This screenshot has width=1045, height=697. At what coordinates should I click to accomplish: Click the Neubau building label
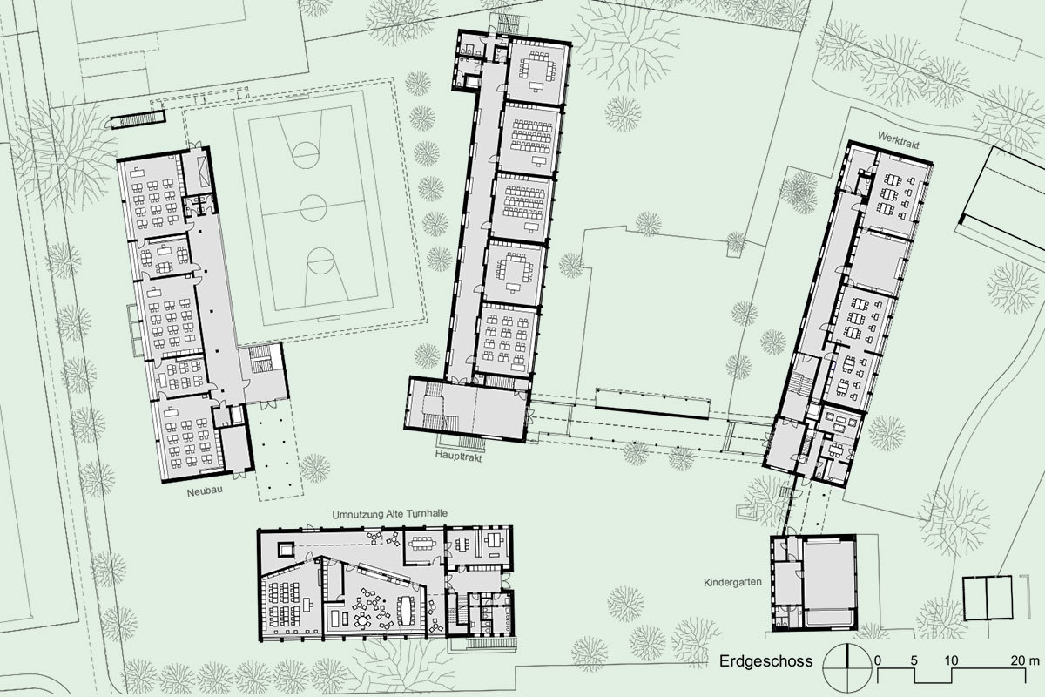pos(205,491)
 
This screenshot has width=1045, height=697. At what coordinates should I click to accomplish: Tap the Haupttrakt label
pos(458,457)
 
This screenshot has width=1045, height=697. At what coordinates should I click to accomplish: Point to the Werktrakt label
pos(898,140)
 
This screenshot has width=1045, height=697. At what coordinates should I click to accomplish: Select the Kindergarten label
pos(732,582)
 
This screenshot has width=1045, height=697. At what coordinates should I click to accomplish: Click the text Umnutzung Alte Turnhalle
pos(389,514)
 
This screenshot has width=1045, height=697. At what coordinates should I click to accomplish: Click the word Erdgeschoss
pos(765,661)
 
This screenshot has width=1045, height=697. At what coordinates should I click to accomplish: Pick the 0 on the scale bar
pos(878,660)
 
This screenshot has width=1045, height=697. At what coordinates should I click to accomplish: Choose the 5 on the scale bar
pos(914,660)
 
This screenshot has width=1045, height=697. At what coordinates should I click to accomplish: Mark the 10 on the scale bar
pos(951,660)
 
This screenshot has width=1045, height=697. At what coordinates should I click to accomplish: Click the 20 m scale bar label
pos(1025,660)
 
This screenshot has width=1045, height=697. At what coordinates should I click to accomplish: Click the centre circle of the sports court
pos(313,207)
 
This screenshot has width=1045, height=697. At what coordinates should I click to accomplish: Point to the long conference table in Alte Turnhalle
pos(406,610)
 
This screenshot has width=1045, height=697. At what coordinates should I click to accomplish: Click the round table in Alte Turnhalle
pos(362,620)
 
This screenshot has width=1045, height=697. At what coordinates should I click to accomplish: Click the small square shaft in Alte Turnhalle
pos(285,549)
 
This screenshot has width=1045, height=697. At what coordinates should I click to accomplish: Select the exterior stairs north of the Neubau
pos(138,120)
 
